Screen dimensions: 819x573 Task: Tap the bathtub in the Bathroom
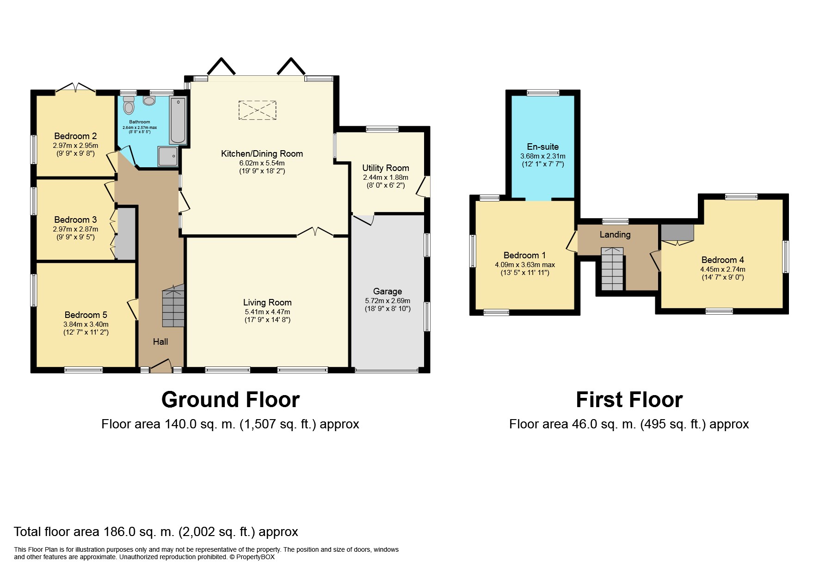pos(178,120)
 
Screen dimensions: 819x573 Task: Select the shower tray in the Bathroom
pos(167,156)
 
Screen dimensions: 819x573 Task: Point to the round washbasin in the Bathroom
pos(149,101)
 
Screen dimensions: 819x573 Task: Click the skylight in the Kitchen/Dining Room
pos(258,110)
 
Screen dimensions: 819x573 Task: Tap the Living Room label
pos(267,302)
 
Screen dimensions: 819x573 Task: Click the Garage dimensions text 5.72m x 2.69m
pos(388,300)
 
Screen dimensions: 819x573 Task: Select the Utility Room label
pos(386,168)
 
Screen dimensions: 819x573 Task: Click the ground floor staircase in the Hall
pos(173,305)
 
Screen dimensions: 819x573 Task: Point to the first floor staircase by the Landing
pos(612,269)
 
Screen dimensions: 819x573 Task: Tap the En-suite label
pos(543,146)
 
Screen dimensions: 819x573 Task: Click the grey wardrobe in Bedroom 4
pos(677,232)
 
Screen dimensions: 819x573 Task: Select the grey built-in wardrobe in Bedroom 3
pos(125,233)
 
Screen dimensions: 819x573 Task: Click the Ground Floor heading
pos(230,400)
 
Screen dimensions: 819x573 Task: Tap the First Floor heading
pos(629,400)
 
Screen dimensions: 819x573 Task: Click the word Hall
pos(160,341)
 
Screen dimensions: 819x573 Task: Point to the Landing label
pos(615,234)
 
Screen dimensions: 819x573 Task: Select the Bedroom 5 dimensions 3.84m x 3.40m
pos(86,324)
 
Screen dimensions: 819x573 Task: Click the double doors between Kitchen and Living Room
pos(315,232)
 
